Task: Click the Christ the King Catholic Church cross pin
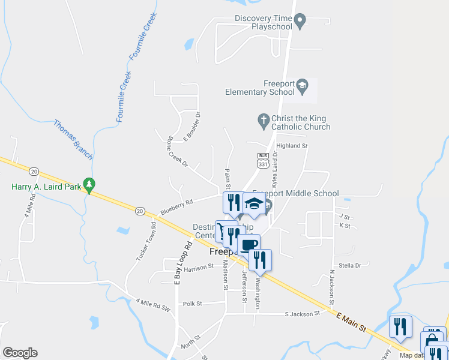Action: [x=263, y=121]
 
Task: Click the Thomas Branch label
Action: [x=73, y=140]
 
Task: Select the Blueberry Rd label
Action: [x=176, y=207]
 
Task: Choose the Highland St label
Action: [x=291, y=146]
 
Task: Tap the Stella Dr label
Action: [x=349, y=265]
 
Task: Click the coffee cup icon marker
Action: [x=249, y=245]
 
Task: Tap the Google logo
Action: [x=20, y=353]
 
